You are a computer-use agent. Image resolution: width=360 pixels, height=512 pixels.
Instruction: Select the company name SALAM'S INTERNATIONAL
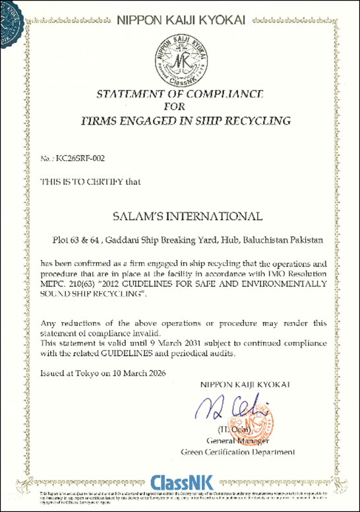180,215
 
